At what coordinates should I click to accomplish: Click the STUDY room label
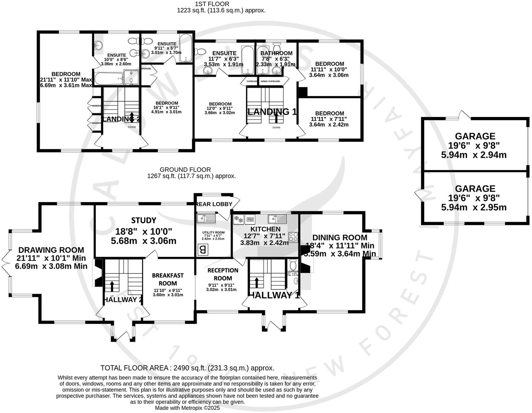144,220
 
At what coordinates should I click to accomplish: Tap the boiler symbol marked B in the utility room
203,250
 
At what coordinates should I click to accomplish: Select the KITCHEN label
265,229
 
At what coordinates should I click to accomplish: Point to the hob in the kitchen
294,237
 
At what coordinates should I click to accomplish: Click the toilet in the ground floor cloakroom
293,265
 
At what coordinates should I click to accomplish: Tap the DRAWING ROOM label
51,250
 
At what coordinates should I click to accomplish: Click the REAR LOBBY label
214,204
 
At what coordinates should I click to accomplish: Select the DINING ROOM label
339,237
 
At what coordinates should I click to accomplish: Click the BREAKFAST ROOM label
168,279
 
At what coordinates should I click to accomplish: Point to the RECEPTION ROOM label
223,274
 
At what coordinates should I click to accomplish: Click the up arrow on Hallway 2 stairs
112,286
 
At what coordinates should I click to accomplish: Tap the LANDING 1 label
272,112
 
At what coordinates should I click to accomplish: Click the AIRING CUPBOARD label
270,81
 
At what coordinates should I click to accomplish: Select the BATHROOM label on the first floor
277,53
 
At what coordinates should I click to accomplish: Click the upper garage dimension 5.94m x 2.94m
473,155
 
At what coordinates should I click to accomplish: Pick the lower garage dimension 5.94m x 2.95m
473,208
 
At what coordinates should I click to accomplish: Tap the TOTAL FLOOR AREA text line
187,368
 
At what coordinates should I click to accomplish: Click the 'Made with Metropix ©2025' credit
187,408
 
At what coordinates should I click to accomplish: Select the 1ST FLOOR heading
212,4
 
